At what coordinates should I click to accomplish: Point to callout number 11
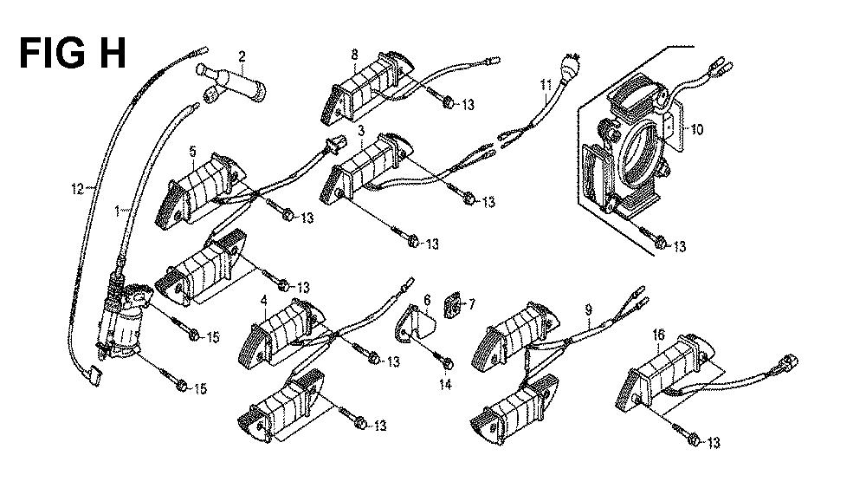546,84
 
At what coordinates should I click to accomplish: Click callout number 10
697,130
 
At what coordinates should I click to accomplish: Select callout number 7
472,304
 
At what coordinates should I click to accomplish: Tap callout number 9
588,309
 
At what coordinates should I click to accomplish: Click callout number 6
427,300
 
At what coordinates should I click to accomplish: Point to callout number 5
192,150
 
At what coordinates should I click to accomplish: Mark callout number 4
262,301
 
